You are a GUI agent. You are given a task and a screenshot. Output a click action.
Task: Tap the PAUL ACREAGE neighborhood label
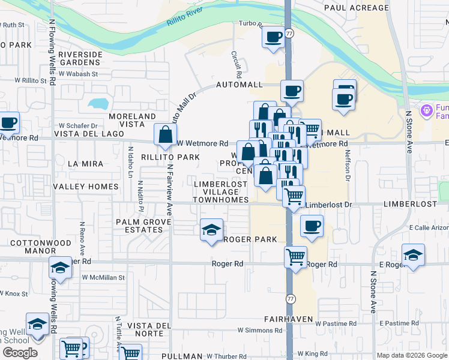tap(357, 8)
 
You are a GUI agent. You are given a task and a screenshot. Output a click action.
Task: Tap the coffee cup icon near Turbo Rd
tap(273, 38)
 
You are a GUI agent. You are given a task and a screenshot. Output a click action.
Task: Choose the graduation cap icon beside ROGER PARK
tap(211, 230)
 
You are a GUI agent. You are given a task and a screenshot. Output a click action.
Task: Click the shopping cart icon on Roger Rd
tap(295, 257)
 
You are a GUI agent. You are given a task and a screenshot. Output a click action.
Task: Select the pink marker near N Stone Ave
tap(427, 110)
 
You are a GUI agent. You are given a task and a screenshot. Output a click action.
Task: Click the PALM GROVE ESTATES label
tap(143, 226)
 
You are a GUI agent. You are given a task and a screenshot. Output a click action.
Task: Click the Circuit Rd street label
tap(236, 64)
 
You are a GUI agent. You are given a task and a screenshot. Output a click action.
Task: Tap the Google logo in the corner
tap(20, 353)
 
